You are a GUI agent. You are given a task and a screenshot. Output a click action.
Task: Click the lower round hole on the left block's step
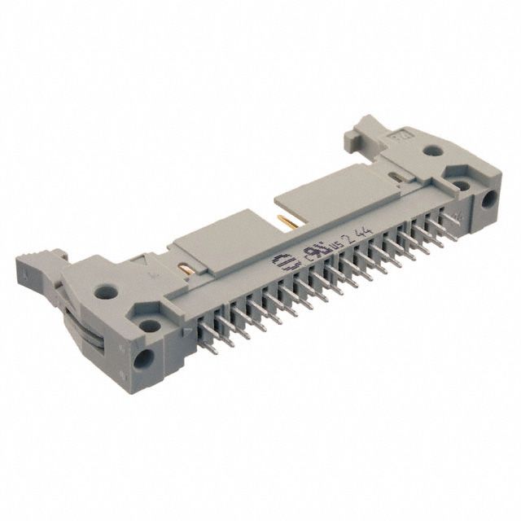pos(150,325)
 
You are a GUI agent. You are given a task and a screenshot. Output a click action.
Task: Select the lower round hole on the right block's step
pos(462,186)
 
